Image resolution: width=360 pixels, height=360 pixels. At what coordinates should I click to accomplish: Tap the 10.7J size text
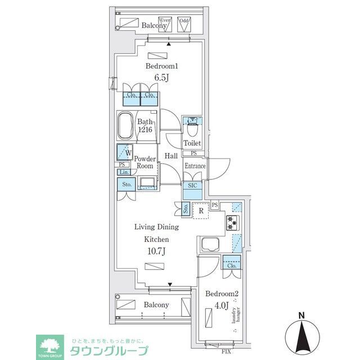(x=156, y=251)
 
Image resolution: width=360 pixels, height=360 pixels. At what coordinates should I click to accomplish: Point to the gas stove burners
(x=232, y=223)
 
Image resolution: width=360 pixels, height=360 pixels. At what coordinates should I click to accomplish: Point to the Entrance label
(x=195, y=166)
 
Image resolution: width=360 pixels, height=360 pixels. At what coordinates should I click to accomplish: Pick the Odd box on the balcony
(x=183, y=23)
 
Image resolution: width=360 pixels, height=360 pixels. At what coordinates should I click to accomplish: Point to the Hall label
(x=171, y=156)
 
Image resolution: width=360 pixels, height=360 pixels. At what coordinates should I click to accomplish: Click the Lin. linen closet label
(x=124, y=172)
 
